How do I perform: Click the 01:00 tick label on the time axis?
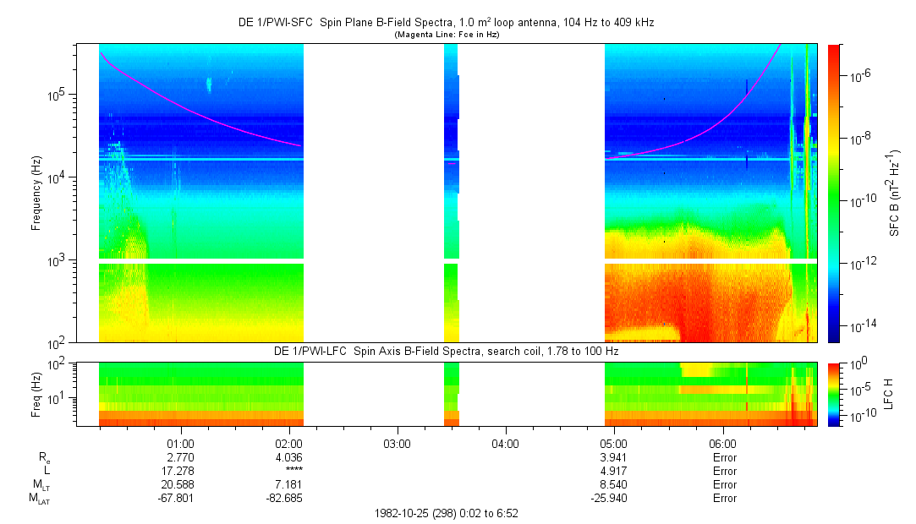click(x=181, y=444)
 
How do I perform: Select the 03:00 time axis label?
click(x=397, y=444)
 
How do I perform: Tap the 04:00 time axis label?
click(x=505, y=444)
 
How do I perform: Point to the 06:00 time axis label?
click(x=721, y=444)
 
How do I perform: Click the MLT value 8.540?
click(x=613, y=484)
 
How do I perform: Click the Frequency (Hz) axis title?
click(x=36, y=194)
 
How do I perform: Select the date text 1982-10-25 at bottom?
click(x=400, y=513)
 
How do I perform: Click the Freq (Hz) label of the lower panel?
click(x=36, y=394)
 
